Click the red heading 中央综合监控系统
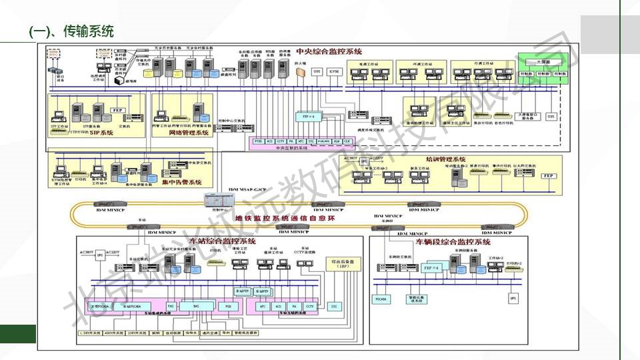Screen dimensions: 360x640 click(329, 51)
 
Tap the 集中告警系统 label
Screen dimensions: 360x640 click(181, 181)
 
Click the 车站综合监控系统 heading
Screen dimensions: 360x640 click(223, 241)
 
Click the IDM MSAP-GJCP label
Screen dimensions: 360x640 click(247, 190)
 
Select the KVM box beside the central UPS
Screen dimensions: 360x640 click(335, 71)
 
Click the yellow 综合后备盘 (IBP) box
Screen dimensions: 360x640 click(341, 263)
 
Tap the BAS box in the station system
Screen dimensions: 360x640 click(196, 305)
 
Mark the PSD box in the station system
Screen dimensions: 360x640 click(228, 305)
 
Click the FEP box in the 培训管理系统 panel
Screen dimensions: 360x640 click(548, 175)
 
